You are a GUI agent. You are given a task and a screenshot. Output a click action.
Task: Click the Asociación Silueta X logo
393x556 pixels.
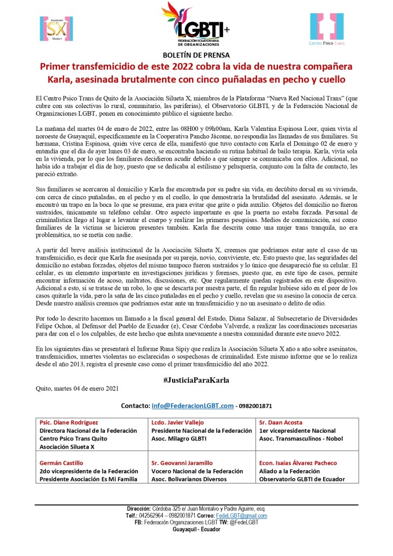[57, 28]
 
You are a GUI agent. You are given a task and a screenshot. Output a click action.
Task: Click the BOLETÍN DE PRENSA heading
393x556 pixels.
[196, 55]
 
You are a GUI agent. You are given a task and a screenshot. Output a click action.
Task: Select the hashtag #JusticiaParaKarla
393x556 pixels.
[196, 380]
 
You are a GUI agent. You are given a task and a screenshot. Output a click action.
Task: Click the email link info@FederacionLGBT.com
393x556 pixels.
[193, 406]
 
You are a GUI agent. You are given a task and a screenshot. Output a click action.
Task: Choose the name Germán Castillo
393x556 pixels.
[62, 463]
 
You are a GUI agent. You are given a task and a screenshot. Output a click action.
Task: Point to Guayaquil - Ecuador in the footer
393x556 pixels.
[196, 529]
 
